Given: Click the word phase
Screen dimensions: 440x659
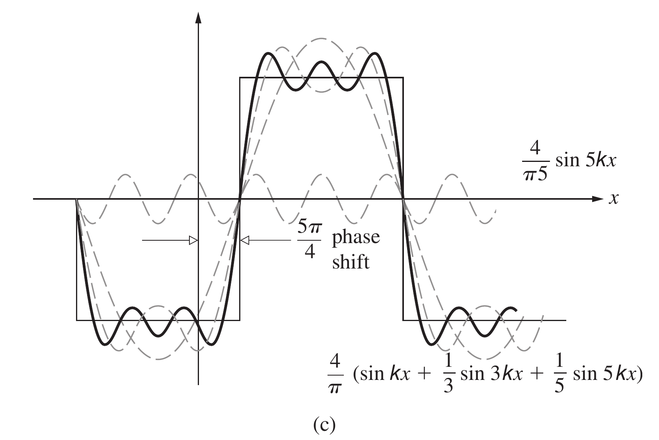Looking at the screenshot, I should [x=356, y=238].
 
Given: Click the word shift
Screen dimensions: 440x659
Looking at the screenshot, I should [x=351, y=262].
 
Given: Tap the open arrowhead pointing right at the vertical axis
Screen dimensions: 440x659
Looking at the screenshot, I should [x=193, y=240].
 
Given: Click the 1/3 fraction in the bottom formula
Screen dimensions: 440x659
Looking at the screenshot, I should [x=448, y=377].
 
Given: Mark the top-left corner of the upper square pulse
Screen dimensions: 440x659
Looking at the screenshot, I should [x=240, y=77].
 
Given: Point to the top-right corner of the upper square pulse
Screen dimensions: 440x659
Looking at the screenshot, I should [x=403, y=77].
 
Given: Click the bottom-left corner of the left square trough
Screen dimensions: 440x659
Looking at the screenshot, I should [x=76, y=320].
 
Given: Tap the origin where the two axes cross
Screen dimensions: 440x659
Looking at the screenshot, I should [x=198, y=198].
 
